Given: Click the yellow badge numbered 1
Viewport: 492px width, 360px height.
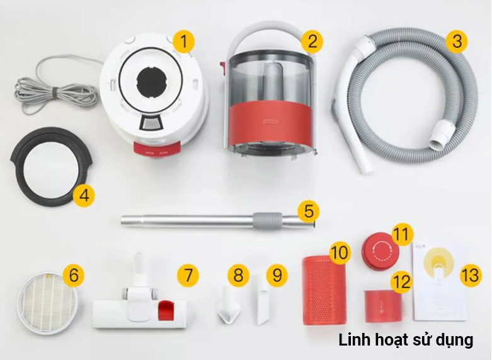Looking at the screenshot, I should tap(183, 43).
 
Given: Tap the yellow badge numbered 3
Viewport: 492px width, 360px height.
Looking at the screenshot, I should tap(455, 43).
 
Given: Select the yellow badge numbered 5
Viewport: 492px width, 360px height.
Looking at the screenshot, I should tap(307, 211).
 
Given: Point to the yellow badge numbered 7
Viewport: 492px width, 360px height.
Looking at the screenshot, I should tap(187, 275).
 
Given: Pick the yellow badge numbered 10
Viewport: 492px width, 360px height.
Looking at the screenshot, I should tap(340, 253).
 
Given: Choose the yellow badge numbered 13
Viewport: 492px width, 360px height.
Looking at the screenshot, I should tap(470, 275).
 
